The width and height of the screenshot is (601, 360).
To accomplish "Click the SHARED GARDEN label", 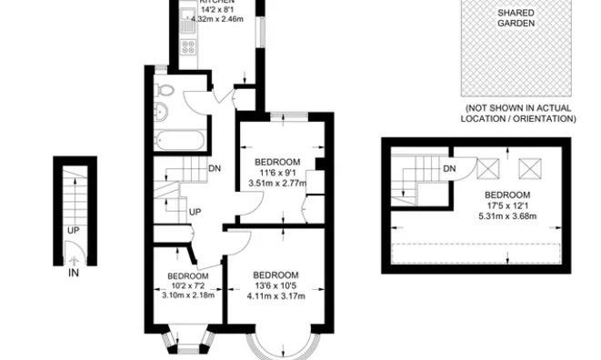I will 516,18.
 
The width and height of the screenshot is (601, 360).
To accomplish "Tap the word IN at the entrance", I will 74,271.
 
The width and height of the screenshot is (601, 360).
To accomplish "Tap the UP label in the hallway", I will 194,212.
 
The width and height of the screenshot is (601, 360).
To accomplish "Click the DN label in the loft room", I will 449,168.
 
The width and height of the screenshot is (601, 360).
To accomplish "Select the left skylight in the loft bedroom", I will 489,167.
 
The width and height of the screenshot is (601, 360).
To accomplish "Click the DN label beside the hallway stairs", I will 215,168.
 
